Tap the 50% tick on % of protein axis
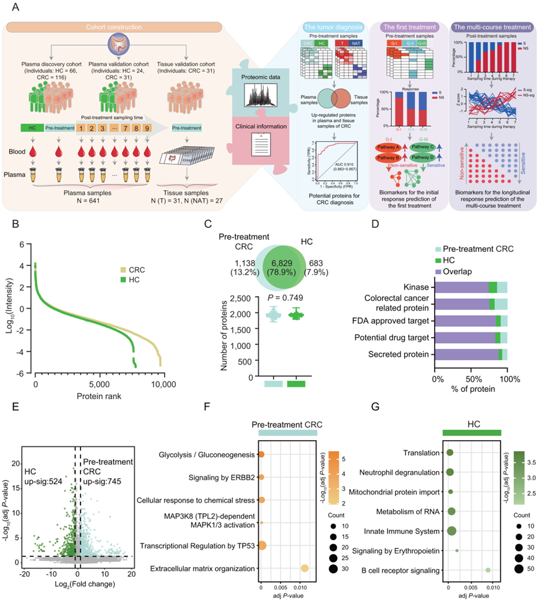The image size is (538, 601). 473,377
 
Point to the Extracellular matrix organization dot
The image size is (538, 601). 305,568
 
